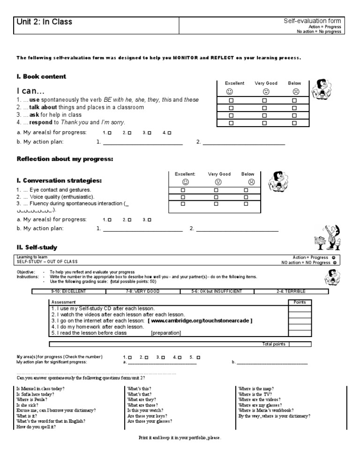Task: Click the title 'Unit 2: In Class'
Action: point(45,22)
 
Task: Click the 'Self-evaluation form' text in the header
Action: point(312,21)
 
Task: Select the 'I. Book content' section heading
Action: point(42,76)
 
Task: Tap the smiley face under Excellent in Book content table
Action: point(230,92)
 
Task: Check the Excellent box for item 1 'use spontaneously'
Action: point(231,100)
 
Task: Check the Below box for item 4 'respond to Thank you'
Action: point(295,123)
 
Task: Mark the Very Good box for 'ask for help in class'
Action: point(264,115)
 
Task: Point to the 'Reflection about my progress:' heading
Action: point(65,159)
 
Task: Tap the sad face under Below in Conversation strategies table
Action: point(251,182)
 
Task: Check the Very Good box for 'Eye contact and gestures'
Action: point(216,190)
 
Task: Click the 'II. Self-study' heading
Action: point(37,247)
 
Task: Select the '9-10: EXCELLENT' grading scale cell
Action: point(69,291)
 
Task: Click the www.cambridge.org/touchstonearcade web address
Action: point(200,321)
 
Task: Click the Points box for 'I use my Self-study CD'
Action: point(299,308)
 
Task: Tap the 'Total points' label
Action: point(273,344)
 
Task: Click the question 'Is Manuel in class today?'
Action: point(41,389)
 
